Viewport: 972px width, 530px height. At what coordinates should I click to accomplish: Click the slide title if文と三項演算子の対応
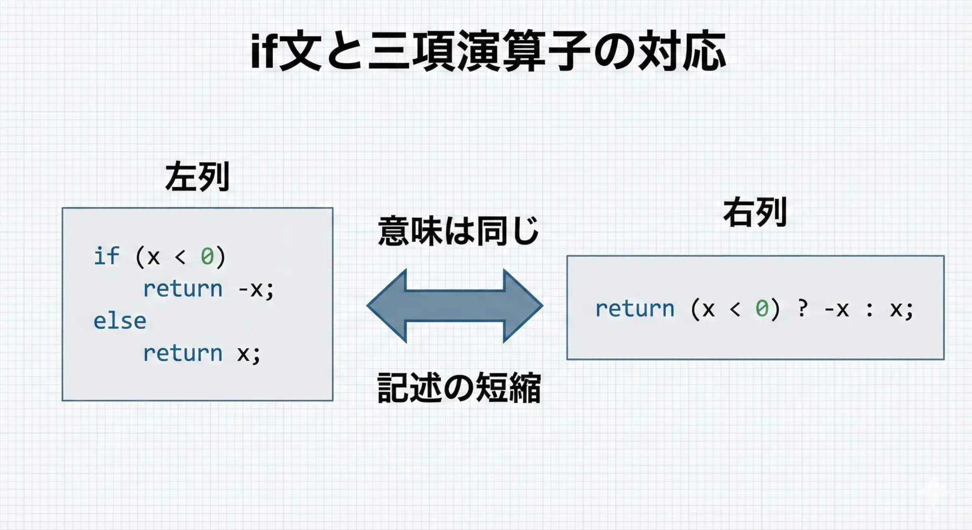tap(489, 51)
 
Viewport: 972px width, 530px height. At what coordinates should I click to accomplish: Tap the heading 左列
tap(197, 177)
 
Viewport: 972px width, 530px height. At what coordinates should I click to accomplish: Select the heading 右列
tap(755, 212)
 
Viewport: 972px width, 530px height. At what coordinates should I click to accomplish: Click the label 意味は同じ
tap(458, 231)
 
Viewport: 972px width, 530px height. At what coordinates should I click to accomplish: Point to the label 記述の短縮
tap(459, 388)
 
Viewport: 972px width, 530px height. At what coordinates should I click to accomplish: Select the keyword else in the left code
tap(119, 320)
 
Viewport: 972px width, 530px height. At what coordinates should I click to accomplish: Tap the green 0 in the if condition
tap(207, 256)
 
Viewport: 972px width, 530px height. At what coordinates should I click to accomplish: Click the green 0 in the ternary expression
tap(762, 308)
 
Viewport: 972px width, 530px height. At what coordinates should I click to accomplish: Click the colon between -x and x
tap(870, 309)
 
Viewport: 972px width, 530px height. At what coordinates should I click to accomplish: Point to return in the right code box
tap(635, 309)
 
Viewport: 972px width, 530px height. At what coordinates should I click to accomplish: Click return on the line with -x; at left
tap(183, 289)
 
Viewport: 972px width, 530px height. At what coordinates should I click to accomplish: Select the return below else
tap(183, 353)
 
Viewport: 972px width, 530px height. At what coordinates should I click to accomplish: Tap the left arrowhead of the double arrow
tap(386, 306)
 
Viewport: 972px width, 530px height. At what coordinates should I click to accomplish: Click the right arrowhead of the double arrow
tap(523, 306)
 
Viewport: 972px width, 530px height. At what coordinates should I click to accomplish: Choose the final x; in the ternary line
tap(902, 310)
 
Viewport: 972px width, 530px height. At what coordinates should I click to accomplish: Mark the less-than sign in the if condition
tap(180, 257)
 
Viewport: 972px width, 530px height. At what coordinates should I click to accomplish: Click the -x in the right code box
tap(836, 309)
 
